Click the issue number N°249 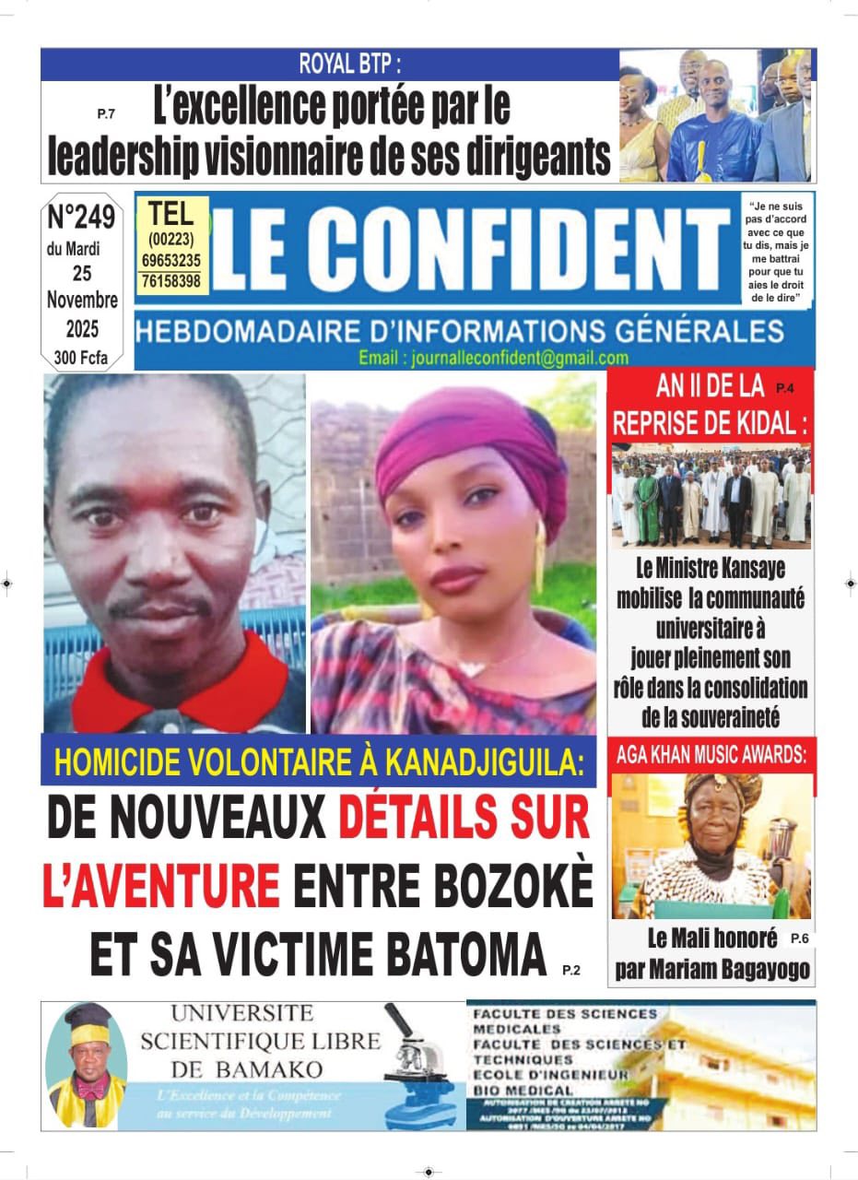tap(81, 218)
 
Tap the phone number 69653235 tap(170, 261)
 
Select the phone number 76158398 tap(170, 281)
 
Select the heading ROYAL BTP tap(350, 65)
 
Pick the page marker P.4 tap(785, 388)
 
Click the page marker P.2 tap(571, 970)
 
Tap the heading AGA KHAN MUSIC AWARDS tap(711, 755)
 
